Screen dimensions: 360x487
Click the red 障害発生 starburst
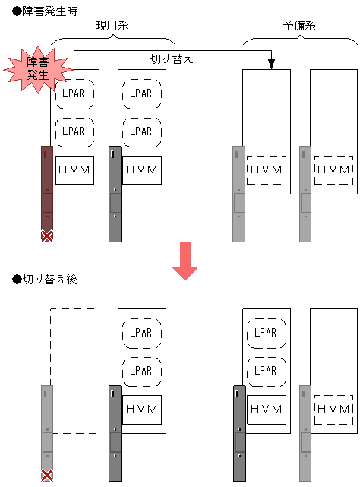pyautogui.click(x=37, y=70)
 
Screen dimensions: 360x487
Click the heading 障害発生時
pyautogui.click(x=45, y=11)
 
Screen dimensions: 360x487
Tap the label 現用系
pyautogui.click(x=112, y=26)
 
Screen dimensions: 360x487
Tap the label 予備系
pyautogui.click(x=299, y=26)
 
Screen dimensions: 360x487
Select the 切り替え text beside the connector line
pyautogui.click(x=172, y=59)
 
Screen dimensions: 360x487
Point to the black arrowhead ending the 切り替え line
pyautogui.click(x=271, y=64)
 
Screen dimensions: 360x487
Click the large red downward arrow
pyautogui.click(x=185, y=261)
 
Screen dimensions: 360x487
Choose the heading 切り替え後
pyautogui.click(x=45, y=280)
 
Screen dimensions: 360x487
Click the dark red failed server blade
pyautogui.click(x=47, y=188)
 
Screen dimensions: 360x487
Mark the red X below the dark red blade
pyautogui.click(x=47, y=236)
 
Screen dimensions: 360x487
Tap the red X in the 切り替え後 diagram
pyautogui.click(x=47, y=475)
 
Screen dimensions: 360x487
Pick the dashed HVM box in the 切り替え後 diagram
pyautogui.click(x=334, y=410)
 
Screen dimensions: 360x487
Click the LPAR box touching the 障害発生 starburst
pyautogui.click(x=74, y=93)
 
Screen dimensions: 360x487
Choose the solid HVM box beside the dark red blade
pyautogui.click(x=74, y=170)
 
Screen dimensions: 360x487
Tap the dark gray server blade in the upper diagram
pyautogui.click(x=115, y=194)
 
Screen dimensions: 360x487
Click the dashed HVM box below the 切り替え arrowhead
pyautogui.click(x=267, y=170)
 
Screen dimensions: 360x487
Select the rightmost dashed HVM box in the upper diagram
pyautogui.click(x=334, y=170)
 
